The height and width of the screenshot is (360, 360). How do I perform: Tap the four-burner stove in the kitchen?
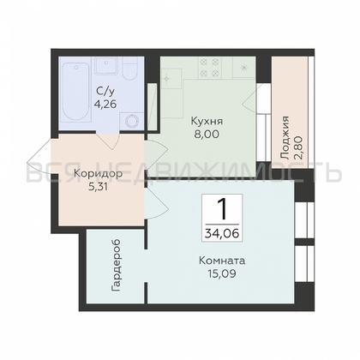(209, 66)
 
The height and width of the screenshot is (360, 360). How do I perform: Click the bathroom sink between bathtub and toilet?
(106, 67)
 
